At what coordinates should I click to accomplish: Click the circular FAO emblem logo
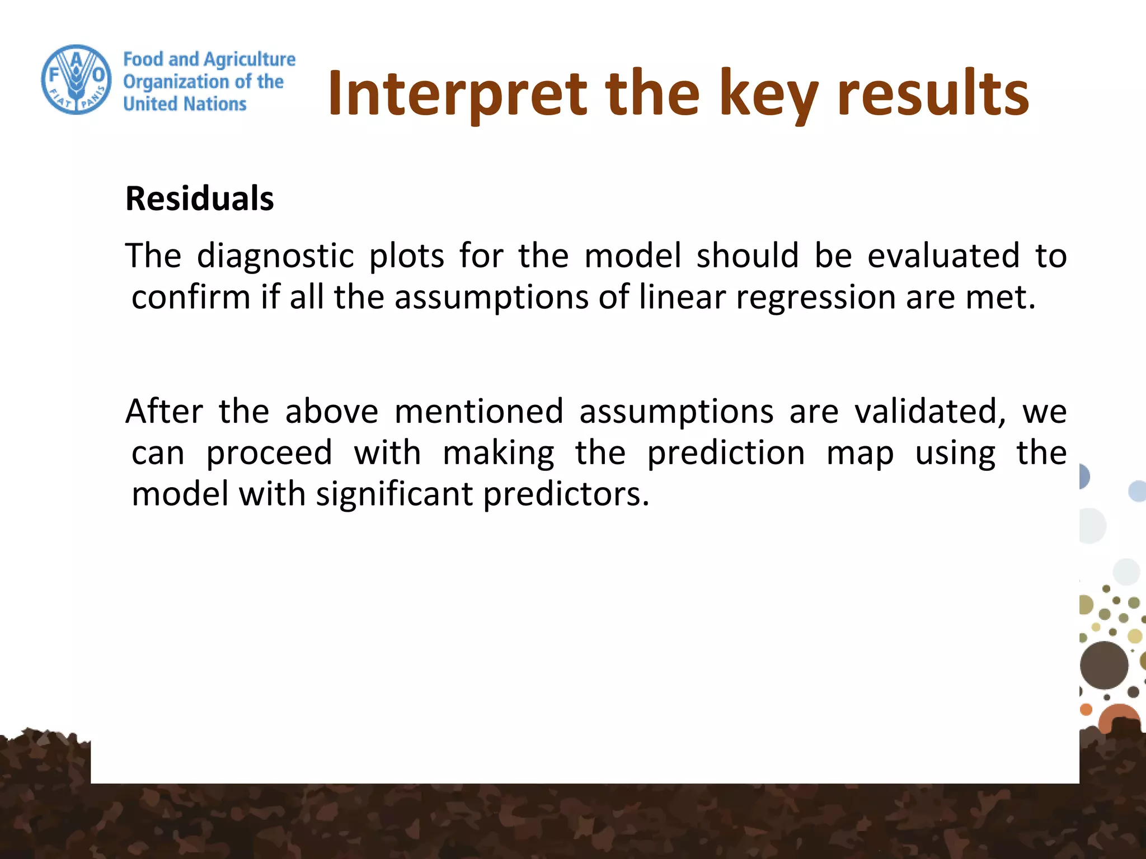(x=77, y=79)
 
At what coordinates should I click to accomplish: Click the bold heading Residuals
(x=200, y=199)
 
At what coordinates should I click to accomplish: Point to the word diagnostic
(x=275, y=256)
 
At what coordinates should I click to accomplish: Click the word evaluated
(x=943, y=256)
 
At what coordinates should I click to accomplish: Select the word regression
(x=815, y=297)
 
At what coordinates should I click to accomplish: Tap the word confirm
(x=191, y=297)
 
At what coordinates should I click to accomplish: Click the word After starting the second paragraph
(x=164, y=412)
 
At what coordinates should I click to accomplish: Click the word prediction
(x=726, y=453)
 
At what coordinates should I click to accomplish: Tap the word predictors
(x=566, y=494)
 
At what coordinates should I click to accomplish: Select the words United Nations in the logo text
(x=185, y=104)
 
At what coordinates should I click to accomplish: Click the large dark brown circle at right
(x=1103, y=665)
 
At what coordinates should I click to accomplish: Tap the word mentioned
(x=478, y=412)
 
